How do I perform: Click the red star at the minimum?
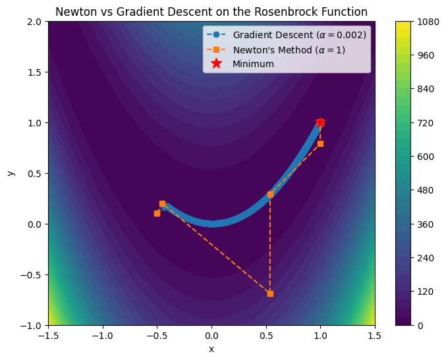(x=320, y=122)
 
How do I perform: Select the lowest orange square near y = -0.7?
(x=270, y=294)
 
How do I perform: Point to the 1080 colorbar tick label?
(x=421, y=22)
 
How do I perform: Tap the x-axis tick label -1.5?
(x=48, y=336)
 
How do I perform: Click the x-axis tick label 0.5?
(x=266, y=336)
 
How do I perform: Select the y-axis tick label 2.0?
(x=35, y=22)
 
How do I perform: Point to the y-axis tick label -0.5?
(x=32, y=275)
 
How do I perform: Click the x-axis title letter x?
(x=211, y=349)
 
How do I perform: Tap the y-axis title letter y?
(x=10, y=173)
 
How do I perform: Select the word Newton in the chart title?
(x=73, y=11)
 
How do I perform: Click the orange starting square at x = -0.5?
(x=157, y=213)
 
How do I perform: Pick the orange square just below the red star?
(x=320, y=143)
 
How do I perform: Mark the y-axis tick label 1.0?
(x=35, y=123)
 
